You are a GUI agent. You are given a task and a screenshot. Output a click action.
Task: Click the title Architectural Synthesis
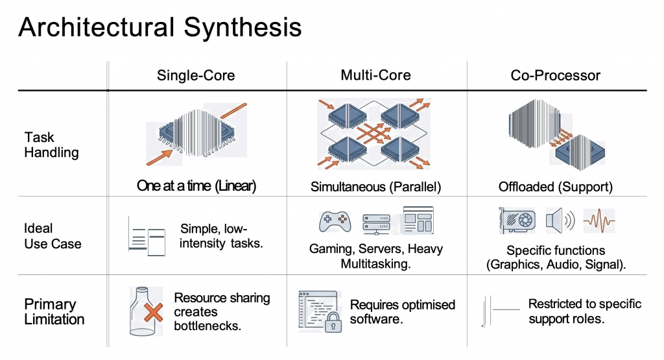coord(160,28)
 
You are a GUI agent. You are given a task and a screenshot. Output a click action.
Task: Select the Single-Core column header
coord(196,75)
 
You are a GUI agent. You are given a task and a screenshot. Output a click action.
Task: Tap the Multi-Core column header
coord(375,75)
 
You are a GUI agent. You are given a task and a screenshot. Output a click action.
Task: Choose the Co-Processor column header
coord(556,75)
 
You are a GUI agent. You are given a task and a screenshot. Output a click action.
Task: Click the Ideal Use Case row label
coord(53,236)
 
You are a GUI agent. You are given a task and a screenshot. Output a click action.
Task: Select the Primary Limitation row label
coord(54,311)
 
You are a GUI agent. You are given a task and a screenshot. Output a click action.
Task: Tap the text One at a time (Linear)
coord(196,186)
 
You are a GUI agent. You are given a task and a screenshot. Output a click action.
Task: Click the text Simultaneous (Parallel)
coord(376,187)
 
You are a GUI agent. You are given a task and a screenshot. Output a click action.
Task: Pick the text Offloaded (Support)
coord(556,187)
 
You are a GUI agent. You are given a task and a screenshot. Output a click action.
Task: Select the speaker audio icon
coord(560,221)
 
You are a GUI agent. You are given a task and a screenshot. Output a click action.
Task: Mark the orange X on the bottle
coord(154,314)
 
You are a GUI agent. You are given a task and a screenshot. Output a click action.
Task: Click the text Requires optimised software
coord(403,311)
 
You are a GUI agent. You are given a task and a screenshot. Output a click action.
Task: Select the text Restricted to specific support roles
coord(584,311)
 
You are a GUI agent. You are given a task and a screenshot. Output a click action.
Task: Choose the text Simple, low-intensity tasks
coord(221,236)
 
